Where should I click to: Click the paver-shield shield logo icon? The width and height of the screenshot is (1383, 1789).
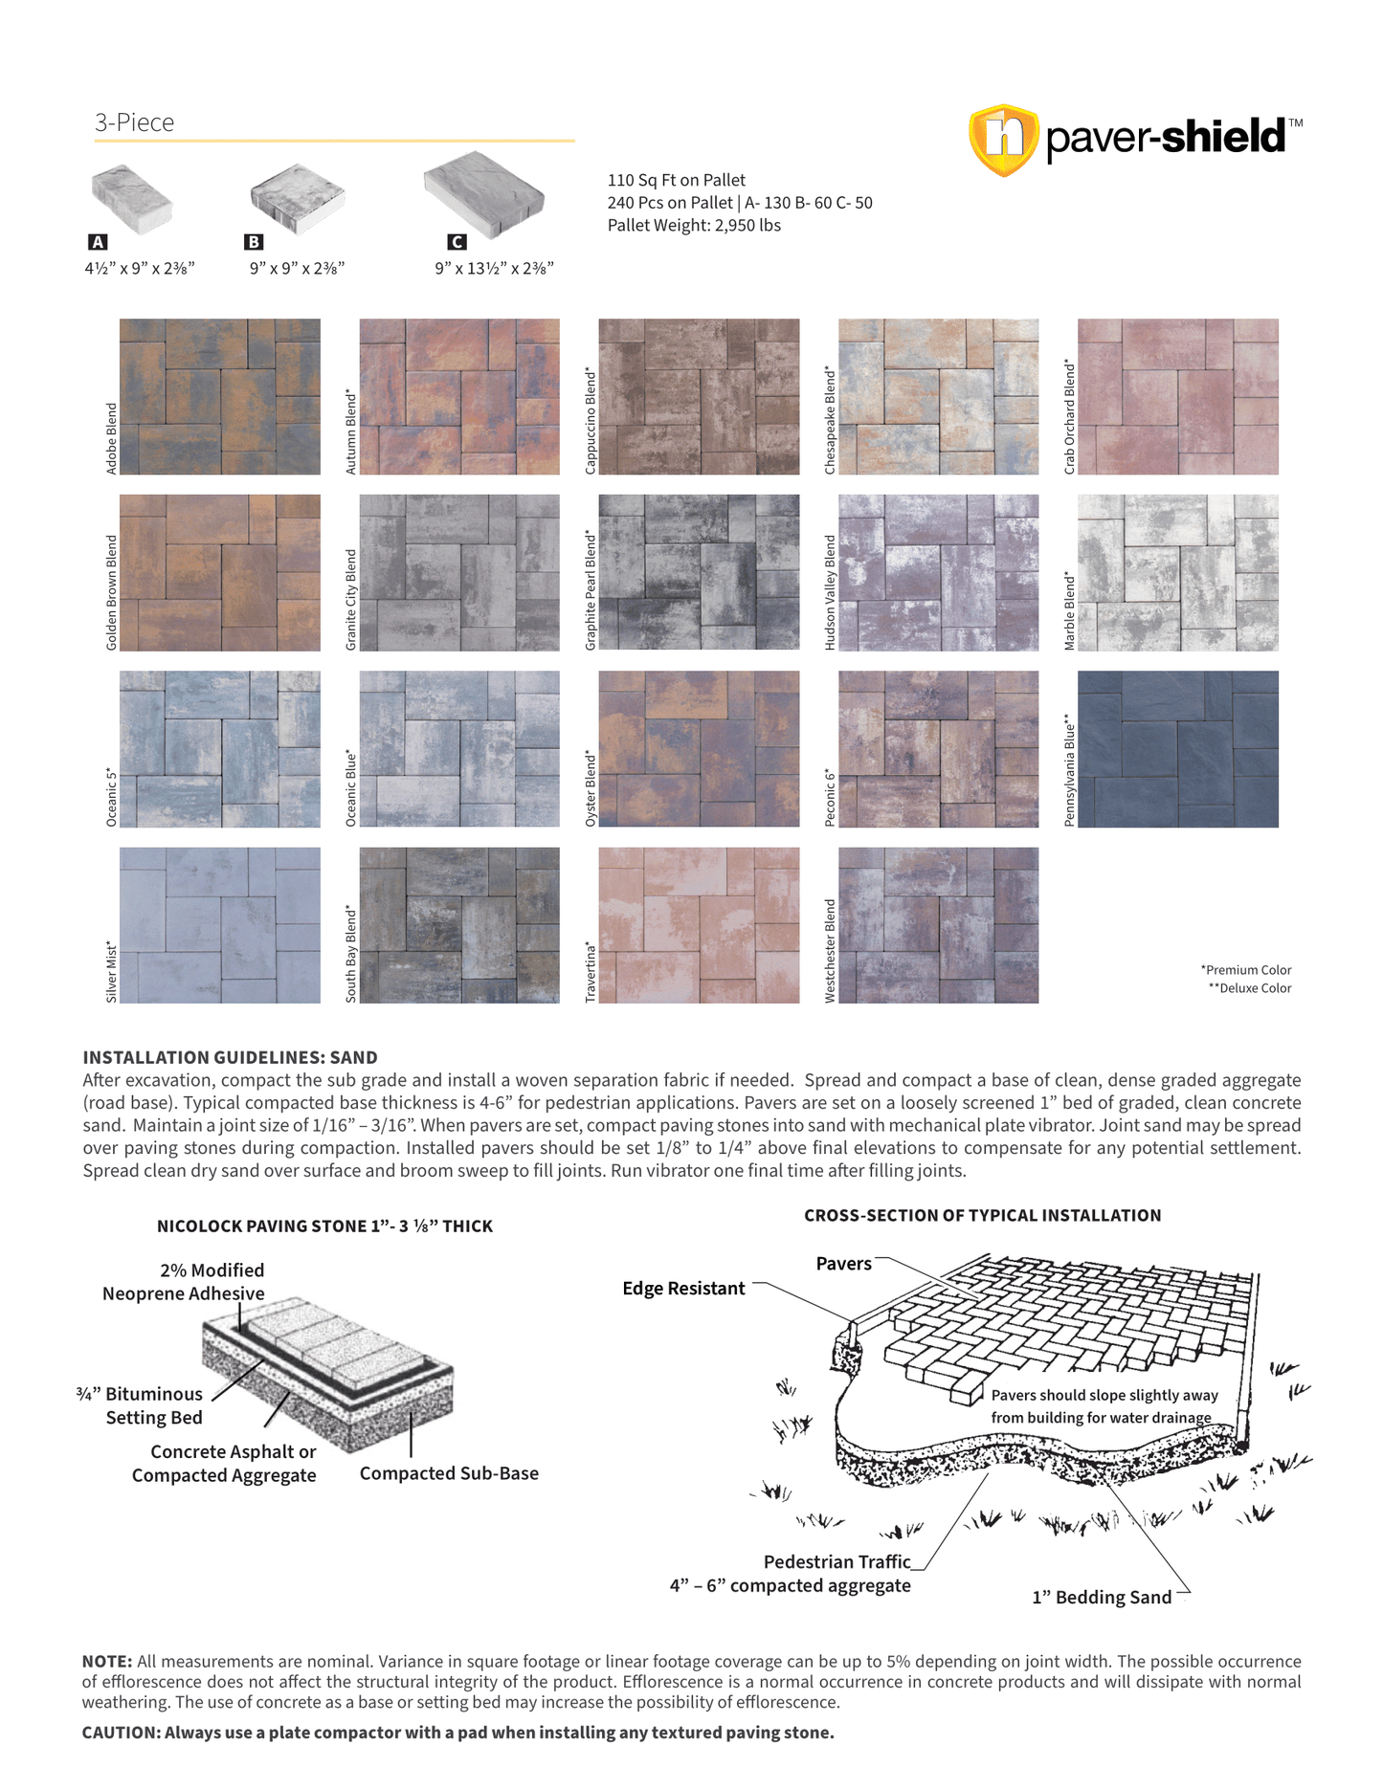[1003, 140]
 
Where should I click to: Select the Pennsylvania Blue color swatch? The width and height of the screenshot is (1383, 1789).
[1177, 748]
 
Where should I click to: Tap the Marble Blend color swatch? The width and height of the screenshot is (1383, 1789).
[1177, 572]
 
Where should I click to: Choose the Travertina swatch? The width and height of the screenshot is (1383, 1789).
[699, 924]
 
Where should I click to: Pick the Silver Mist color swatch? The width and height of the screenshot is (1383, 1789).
[219, 924]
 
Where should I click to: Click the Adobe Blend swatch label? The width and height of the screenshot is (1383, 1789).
[111, 438]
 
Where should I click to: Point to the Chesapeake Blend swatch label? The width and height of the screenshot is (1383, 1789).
[830, 421]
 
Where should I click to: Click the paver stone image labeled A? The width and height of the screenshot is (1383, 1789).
[131, 198]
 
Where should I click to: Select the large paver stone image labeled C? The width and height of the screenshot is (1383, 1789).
[484, 194]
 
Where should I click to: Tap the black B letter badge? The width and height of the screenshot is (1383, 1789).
[254, 242]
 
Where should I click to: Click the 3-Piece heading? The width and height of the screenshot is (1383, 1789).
[134, 122]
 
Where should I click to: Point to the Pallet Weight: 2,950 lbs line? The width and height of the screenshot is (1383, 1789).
[694, 226]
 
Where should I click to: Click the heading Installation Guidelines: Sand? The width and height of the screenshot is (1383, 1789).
[230, 1057]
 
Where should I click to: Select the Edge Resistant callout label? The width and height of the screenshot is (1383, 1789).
[683, 1289]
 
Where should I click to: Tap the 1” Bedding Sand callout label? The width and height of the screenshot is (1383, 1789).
[1101, 1597]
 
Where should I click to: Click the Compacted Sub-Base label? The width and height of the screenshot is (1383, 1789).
[449, 1473]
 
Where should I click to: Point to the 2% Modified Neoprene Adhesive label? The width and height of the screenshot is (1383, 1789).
[184, 1282]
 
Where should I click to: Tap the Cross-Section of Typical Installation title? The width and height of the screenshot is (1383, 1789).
[982, 1215]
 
